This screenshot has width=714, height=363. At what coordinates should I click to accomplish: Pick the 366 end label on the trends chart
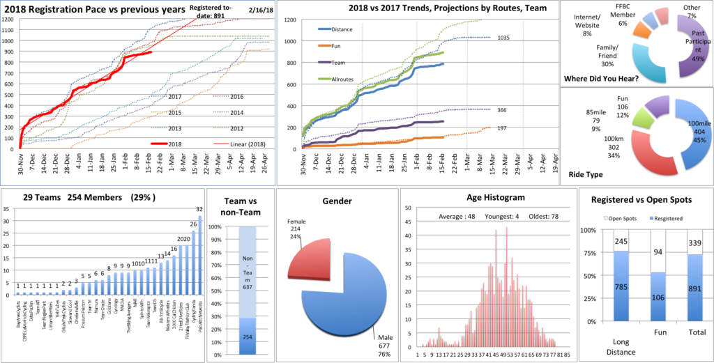tap(503, 110)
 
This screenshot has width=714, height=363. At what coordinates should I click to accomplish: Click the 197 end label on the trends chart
tap(502, 128)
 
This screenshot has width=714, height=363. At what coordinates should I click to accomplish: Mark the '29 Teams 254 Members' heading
tap(59, 196)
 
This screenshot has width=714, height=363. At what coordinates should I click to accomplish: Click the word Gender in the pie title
tap(337, 201)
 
